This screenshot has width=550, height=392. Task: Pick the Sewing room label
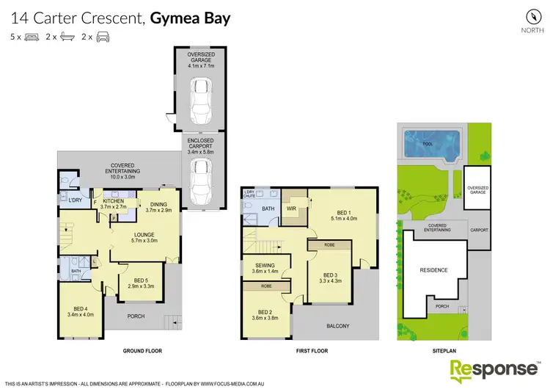pyautogui.click(x=265, y=269)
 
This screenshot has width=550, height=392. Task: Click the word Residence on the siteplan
pyautogui.click(x=433, y=270)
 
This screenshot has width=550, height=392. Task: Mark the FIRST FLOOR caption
pyautogui.click(x=307, y=352)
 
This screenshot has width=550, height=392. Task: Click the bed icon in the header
pyautogui.click(x=31, y=36)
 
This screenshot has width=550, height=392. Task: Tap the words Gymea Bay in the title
pyautogui.click(x=191, y=18)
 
